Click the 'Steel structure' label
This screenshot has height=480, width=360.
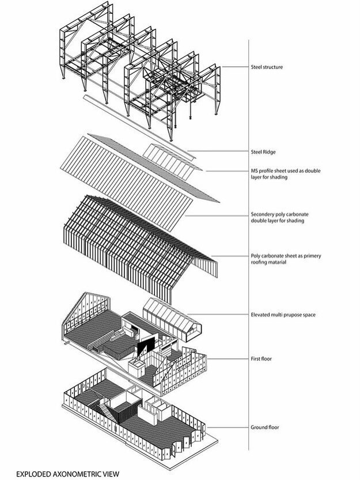271,66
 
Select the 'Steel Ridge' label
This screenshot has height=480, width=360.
264,152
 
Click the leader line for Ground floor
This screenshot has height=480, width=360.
228,427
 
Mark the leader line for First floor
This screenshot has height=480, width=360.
228,358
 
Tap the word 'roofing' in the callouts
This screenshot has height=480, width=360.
260,262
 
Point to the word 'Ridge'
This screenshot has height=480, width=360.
270,152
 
